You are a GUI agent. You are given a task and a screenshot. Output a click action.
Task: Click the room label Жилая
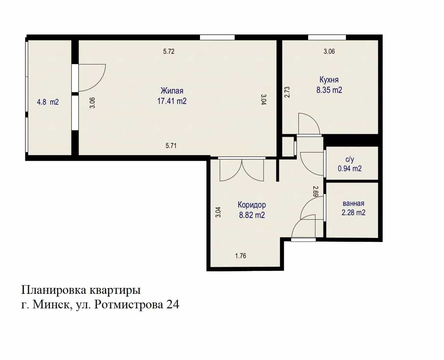pos(172,91)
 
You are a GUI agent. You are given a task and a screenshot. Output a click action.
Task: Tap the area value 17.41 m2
pos(172,101)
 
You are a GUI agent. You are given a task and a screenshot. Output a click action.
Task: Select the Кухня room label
pos(329,80)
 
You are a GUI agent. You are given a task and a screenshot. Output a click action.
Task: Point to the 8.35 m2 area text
pos(329,90)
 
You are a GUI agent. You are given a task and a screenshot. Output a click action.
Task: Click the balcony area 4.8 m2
pos(48,102)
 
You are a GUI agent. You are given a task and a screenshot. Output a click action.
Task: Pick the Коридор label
pos(252,205)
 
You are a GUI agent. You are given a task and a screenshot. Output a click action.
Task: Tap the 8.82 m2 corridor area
pos(252,215)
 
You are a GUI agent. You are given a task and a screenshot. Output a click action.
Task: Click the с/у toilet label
pos(350,159)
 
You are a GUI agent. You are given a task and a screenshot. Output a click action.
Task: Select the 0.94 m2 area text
pos(350,168)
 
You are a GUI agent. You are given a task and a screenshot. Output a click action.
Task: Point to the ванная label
pos(354,203)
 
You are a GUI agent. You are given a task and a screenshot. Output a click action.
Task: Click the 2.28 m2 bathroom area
pos(354,212)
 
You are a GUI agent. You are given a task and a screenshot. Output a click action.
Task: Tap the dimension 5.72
pos(169,52)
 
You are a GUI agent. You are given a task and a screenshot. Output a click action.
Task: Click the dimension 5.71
pos(171,146)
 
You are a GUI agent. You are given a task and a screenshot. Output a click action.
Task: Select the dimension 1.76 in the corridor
pos(241,256)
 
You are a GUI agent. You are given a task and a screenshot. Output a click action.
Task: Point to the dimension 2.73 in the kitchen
pos(287,92)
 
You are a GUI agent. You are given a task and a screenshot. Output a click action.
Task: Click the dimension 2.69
pos(315,192)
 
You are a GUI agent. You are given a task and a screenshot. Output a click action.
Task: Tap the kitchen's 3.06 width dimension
pos(329,52)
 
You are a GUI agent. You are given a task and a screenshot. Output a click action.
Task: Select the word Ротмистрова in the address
pos(129,305)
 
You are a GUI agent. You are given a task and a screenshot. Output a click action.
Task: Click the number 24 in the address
pos(173,305)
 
